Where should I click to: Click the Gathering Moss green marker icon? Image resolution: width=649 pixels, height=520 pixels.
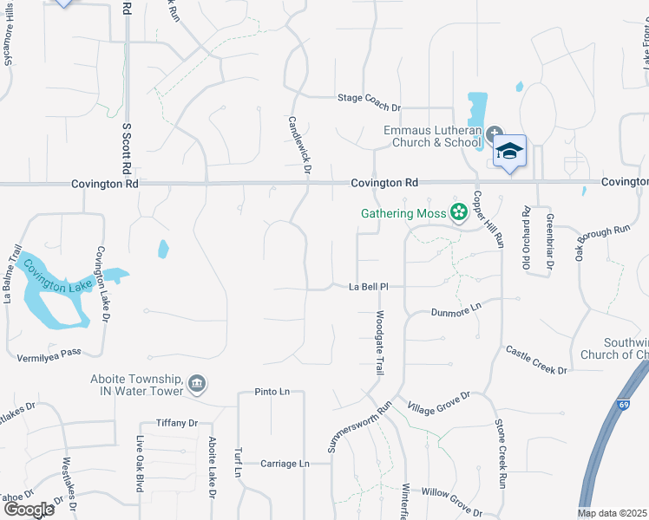459,212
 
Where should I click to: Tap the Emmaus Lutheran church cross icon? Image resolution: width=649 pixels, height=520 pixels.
494,134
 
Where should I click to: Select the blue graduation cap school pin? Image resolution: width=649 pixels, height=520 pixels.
510,151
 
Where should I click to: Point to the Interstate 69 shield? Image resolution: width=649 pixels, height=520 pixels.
624,405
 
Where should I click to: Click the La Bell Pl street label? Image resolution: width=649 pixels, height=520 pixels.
373,286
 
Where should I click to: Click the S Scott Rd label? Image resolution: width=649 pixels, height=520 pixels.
127,146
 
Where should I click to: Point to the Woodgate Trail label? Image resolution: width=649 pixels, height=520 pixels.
380,343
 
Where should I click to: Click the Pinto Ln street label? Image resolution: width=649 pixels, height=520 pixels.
272,392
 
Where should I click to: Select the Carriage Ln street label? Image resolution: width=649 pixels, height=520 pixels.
285,464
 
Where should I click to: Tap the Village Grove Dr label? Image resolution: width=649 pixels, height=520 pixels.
438,400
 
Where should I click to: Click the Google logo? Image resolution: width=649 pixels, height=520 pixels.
28,510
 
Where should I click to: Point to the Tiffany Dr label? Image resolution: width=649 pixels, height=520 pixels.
177,423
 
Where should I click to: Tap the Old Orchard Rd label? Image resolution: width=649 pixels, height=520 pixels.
526,225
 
